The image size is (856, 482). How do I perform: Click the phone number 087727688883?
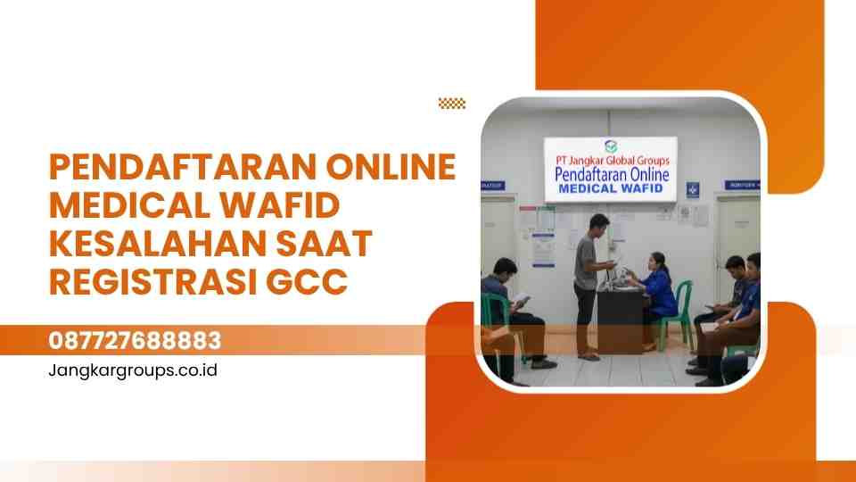point(135,341)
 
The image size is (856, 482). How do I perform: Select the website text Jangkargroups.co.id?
point(133,369)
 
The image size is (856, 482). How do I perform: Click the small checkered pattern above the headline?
point(452,104)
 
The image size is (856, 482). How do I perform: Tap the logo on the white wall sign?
point(610,145)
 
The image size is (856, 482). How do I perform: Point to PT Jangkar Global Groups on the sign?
point(611,160)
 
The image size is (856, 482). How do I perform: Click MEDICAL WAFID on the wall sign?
point(611,189)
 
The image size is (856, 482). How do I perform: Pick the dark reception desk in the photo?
point(621,317)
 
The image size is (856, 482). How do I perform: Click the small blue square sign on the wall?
point(693,189)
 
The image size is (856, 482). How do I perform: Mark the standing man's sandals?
point(588,356)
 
